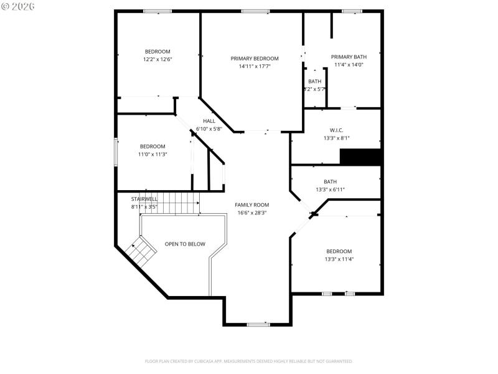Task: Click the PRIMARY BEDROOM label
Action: tap(255, 59)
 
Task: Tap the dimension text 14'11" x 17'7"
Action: tap(255, 66)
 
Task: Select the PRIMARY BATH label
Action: tap(349, 57)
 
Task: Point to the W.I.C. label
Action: tap(336, 130)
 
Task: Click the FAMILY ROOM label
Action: tap(251, 205)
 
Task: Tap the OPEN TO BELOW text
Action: tap(184, 244)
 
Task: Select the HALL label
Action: tap(209, 122)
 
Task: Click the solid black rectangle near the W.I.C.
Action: tap(360, 157)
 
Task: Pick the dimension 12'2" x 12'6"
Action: tap(157, 59)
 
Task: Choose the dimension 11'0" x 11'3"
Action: tap(152, 154)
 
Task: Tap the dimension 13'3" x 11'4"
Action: tap(339, 259)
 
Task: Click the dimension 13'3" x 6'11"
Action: tap(330, 189)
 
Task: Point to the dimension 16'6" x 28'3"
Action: tap(251, 213)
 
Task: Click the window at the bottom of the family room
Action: tap(258, 325)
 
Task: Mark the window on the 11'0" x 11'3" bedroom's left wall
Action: tap(115, 151)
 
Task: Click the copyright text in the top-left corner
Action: tap(18, 6)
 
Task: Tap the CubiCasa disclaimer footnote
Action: tap(249, 362)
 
